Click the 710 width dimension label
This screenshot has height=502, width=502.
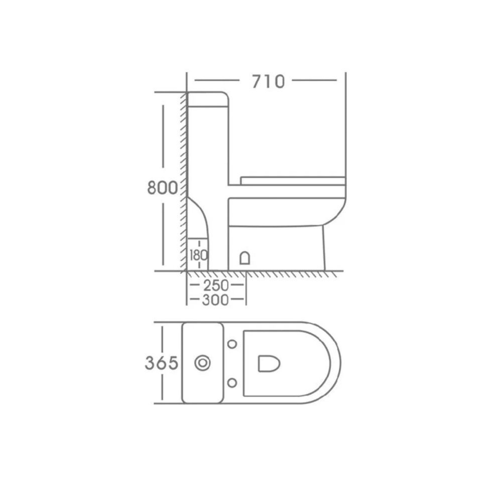tap(268, 81)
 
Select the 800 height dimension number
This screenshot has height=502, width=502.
tap(162, 188)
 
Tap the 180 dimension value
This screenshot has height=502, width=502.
tap(198, 256)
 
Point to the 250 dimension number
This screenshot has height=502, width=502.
tap(216, 285)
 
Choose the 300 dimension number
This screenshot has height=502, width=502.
tap(215, 300)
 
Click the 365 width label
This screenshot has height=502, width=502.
tap(161, 363)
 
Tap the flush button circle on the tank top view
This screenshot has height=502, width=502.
tap(203, 363)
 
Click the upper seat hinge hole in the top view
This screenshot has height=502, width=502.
tap(232, 344)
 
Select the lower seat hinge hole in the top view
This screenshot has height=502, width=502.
tap(232, 383)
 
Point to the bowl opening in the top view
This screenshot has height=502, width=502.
tap(269, 363)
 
